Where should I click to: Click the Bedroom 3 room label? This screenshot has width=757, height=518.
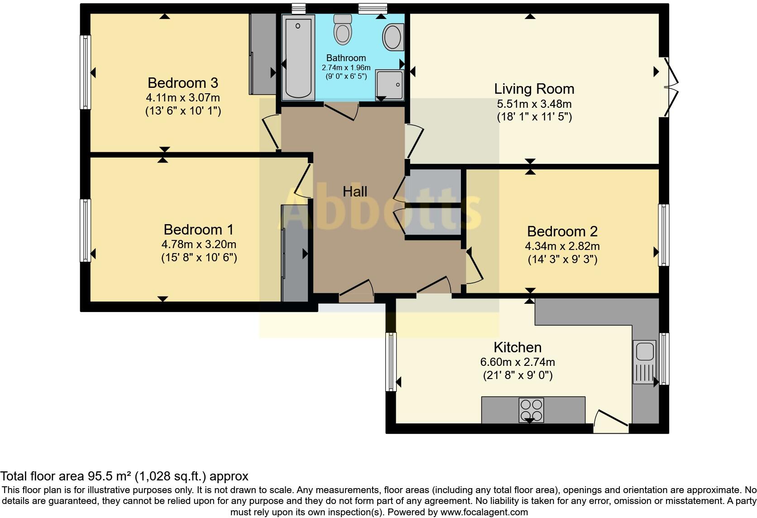pos(183,83)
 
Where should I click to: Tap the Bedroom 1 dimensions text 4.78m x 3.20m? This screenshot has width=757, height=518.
pos(199,244)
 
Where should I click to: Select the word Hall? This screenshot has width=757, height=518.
pos(355,192)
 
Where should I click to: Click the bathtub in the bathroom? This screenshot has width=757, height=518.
pos(298,58)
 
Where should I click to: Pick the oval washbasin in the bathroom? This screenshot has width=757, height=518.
pos(393,37)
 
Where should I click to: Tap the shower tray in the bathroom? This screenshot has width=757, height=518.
pos(390,85)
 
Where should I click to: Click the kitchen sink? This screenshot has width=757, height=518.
pos(644,362)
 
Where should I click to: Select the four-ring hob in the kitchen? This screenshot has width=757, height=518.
pos(531,410)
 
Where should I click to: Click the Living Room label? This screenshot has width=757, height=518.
pos(534,89)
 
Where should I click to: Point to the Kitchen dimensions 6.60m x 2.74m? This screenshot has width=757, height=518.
pos(517,362)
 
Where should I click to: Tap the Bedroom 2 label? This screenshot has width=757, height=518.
pos(562,231)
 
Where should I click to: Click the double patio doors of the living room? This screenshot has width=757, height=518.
pos(671,87)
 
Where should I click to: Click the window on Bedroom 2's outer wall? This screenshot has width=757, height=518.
pos(664,235)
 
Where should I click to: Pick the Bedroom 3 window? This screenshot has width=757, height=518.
pos(86,72)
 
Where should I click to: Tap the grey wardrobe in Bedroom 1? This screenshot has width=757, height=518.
pos(295,253)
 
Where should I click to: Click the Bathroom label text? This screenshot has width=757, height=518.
pos(346,58)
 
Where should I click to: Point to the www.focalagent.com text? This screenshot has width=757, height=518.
pos(484,512)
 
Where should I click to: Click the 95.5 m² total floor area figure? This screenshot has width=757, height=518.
pos(110,476)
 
